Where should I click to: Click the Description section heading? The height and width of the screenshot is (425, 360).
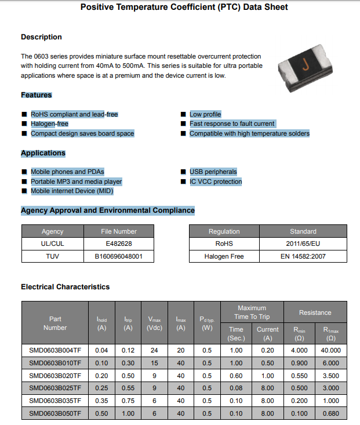pos(41,37)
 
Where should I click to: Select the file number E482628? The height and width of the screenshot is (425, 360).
pos(119,244)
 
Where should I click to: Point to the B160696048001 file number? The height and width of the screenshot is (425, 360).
pos(119,256)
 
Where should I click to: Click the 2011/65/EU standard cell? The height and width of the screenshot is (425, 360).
pos(303,244)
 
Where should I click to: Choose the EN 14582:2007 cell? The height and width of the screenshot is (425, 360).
pos(303,256)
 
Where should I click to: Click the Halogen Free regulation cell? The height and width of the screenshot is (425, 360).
pos(224,256)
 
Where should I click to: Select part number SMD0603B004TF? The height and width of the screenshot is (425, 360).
pos(55,350)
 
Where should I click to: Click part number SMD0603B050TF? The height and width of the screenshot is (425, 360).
pos(55,413)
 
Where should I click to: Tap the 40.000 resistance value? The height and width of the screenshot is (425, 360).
pos(331,350)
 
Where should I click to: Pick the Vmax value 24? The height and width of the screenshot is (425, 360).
pos(154,350)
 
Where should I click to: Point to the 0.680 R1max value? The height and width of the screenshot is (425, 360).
pos(331,413)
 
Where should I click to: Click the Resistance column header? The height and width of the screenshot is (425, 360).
pos(315,313)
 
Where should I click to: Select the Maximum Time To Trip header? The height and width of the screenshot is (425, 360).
pos(252,312)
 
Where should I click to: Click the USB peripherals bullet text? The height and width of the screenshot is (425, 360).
pos(213,172)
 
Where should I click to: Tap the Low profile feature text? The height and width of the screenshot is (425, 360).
pos(205,114)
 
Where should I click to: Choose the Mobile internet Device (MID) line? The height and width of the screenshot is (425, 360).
pos(72,191)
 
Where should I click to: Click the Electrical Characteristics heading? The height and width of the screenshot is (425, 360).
pos(65,286)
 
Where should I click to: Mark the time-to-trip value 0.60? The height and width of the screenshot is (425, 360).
pos(236,376)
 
